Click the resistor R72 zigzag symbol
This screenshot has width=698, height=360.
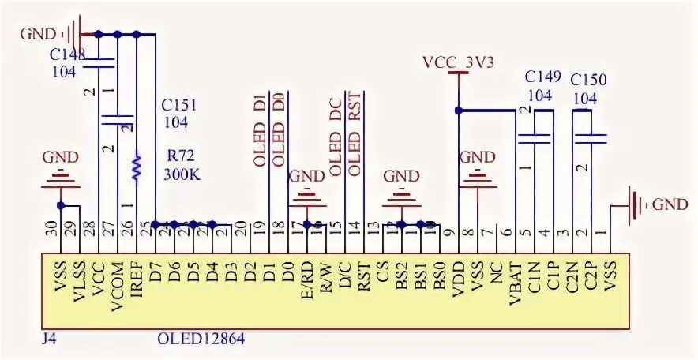coord(137,167)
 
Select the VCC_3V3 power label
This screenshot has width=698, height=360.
coord(458,62)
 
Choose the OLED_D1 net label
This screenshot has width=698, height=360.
coord(259,130)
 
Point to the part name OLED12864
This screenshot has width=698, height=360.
coord(201,339)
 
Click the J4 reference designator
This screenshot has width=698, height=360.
coord(49,339)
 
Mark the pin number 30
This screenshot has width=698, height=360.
coord(51,230)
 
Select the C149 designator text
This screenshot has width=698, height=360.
coord(543,77)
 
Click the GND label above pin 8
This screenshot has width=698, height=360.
coord(477,157)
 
